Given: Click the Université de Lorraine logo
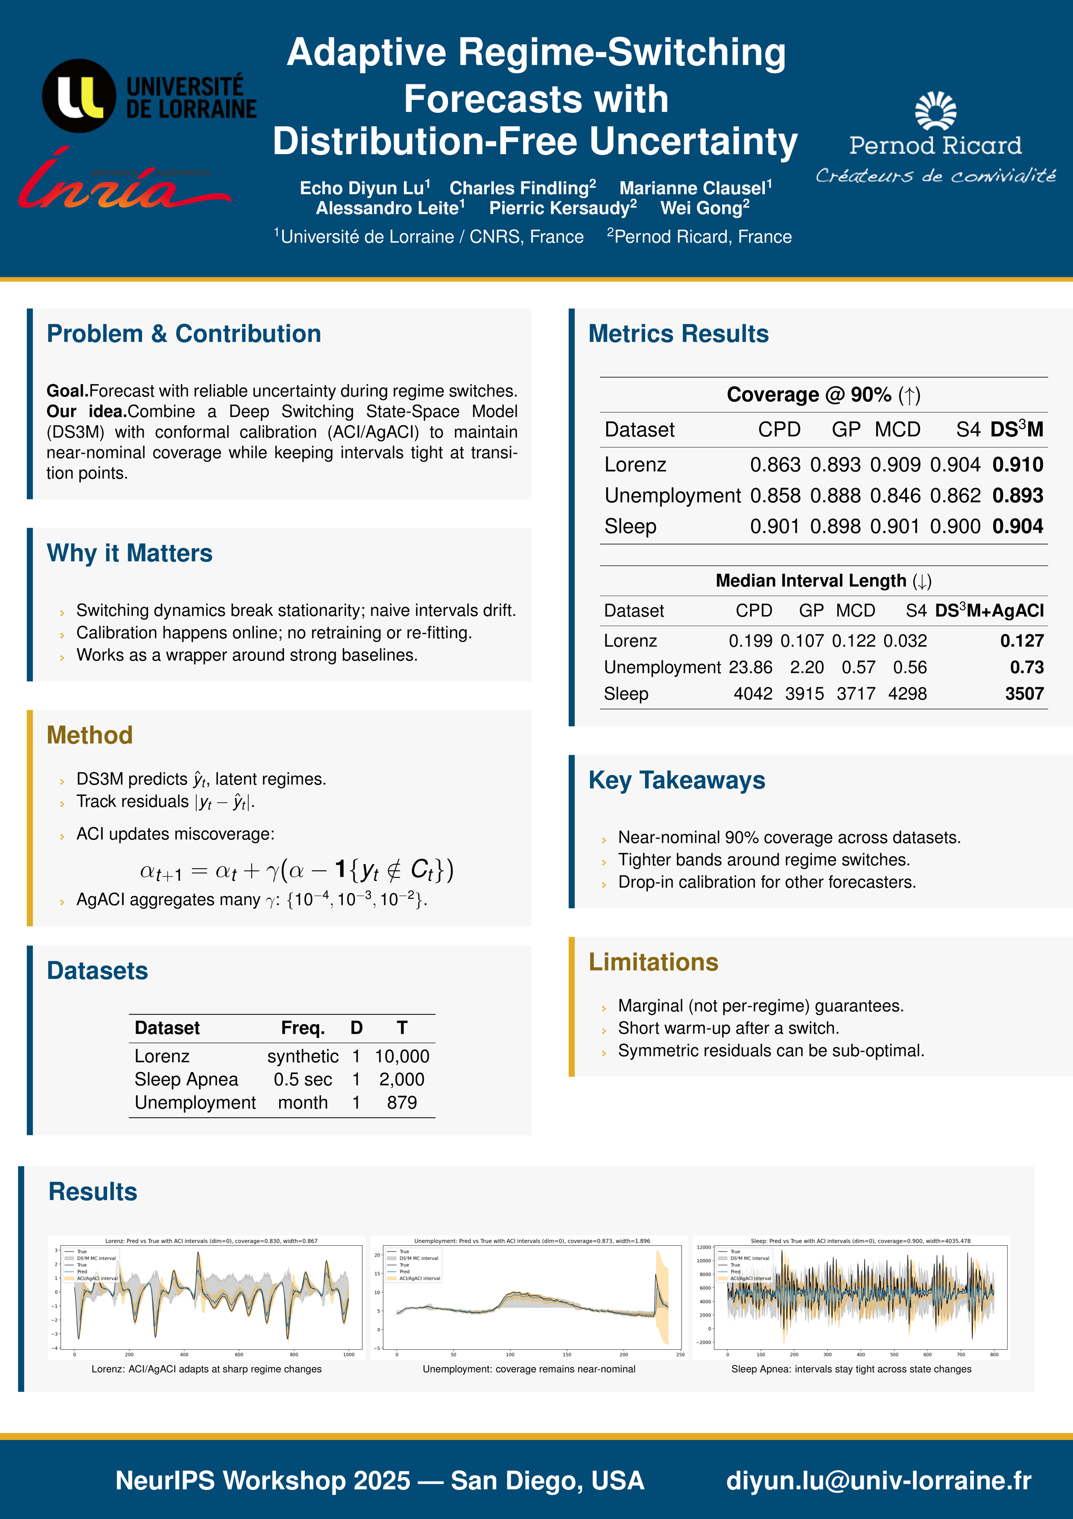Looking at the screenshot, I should pyautogui.click(x=149, y=97).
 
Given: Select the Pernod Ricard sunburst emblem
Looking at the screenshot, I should pyautogui.click(x=935, y=111).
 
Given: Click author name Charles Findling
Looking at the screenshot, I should pyautogui.click(x=522, y=188).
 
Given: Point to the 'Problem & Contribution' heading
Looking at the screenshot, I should pyautogui.click(x=184, y=334).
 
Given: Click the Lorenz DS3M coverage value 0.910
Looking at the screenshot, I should pyautogui.click(x=1018, y=465).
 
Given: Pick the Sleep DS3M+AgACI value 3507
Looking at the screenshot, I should pyautogui.click(x=1024, y=694).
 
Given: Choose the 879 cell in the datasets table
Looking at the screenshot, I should pyautogui.click(x=401, y=1102).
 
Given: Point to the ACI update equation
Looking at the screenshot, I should pyautogui.click(x=296, y=869).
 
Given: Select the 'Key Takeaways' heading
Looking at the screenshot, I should pyautogui.click(x=677, y=781).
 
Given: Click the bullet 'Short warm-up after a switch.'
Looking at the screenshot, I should pyautogui.click(x=727, y=1028).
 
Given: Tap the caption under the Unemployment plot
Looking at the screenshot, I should pyautogui.click(x=529, y=1369).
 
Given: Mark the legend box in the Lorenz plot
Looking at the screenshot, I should pyautogui.click(x=91, y=1265).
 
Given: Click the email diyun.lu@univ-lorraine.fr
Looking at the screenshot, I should pyautogui.click(x=878, y=1480).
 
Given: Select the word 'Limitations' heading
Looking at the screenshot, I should pyautogui.click(x=654, y=962).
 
